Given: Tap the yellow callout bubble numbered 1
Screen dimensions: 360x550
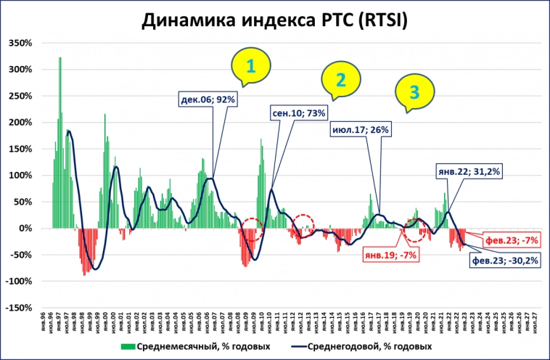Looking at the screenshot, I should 250,67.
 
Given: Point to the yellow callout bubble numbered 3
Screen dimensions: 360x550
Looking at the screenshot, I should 414,92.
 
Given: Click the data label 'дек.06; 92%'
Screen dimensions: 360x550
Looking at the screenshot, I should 209,99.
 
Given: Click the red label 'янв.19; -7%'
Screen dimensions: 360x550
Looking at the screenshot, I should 390,255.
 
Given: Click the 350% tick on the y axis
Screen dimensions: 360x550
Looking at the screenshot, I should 20,44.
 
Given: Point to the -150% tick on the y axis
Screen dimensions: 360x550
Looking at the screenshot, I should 19,308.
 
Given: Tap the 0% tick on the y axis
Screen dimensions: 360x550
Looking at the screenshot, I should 25,229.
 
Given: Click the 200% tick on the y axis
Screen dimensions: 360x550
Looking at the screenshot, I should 20,123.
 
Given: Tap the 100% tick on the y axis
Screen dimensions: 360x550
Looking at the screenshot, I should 20,176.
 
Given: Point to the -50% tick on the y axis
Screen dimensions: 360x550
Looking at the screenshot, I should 21,255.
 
